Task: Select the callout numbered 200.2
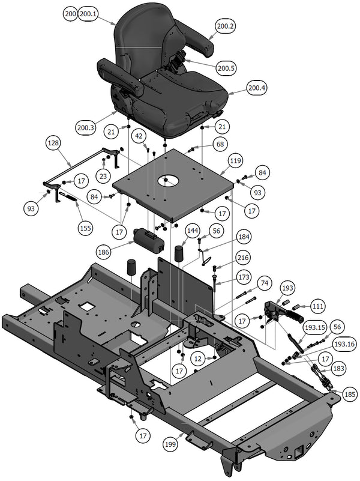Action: [x=226, y=26]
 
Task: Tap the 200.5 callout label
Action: [x=226, y=68]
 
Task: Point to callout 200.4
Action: [x=257, y=89]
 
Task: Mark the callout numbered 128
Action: [x=54, y=145]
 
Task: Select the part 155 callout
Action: [x=86, y=228]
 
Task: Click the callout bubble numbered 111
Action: [x=317, y=307]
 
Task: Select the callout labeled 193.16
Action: [x=345, y=344]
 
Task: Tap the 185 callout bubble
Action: [x=350, y=395]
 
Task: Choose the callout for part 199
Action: [x=172, y=444]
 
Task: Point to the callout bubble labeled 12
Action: [x=197, y=358]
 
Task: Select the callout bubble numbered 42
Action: [x=139, y=136]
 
